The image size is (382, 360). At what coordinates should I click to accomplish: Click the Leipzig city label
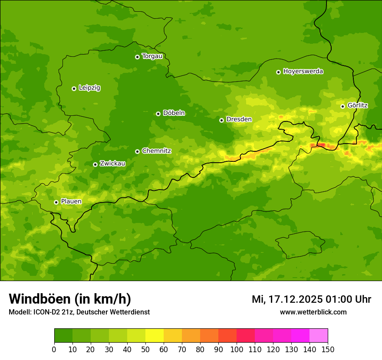coord(89,88)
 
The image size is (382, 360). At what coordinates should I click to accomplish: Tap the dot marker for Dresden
coord(221,120)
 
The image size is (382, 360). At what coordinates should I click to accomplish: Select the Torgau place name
coord(152,56)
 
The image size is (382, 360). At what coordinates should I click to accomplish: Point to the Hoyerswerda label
coord(303,72)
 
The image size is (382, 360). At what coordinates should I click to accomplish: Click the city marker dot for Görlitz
coord(342,106)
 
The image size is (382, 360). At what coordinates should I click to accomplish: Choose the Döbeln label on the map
coord(174,113)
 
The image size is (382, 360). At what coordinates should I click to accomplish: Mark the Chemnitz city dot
coord(137,151)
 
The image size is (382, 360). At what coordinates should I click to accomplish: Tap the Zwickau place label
coord(112,164)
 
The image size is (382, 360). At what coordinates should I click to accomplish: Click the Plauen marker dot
coord(56,202)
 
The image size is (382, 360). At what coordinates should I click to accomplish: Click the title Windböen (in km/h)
coord(70,299)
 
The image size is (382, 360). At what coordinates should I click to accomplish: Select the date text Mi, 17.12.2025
coord(287,299)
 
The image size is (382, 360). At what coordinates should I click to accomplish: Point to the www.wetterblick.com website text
coord(313,312)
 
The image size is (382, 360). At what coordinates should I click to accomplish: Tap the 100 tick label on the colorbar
coord(237,349)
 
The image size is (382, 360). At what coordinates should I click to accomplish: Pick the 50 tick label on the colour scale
coord(145,349)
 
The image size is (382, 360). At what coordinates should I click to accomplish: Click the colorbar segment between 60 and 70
coord(173,336)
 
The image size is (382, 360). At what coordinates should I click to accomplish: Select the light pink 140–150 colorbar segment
coord(319,336)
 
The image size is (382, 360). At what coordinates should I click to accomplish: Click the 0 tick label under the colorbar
coord(54,349)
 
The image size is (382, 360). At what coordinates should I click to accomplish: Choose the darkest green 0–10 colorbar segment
coord(63,336)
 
